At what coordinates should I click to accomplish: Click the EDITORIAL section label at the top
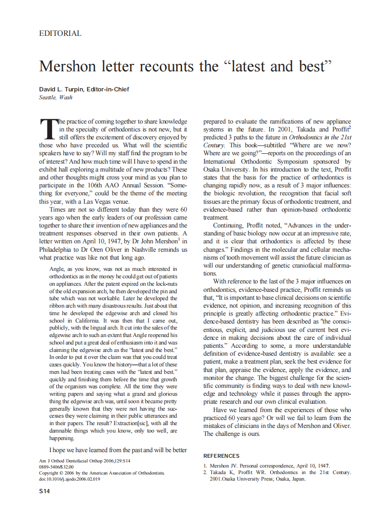coord(61,34)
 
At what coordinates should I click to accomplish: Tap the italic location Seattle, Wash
coord(56,97)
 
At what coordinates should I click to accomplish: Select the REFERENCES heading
coord(221,456)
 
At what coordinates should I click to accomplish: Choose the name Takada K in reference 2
coord(223,472)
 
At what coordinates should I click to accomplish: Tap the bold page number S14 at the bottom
coord(45,491)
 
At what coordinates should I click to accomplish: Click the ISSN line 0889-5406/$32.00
coord(56,466)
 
